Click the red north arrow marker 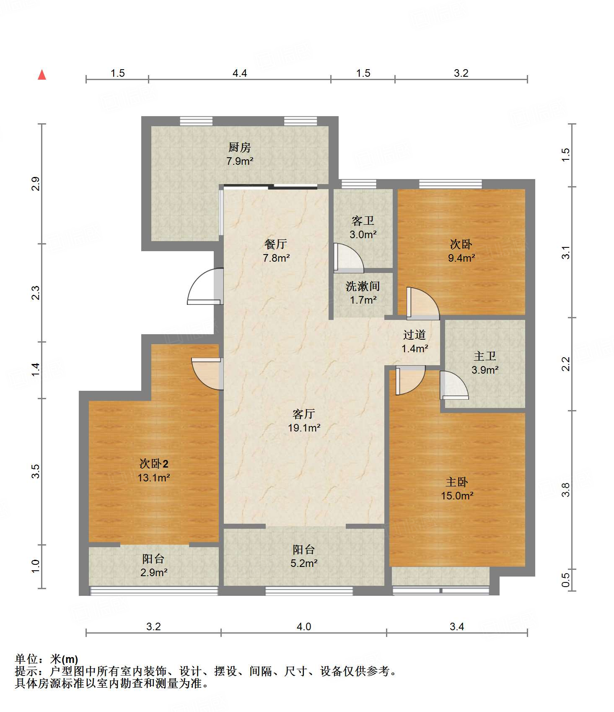(x=42, y=75)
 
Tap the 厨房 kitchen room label (x=240, y=147)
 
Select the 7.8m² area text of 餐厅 (x=276, y=258)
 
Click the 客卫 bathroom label (x=363, y=221)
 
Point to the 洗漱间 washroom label (x=363, y=286)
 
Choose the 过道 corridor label (x=415, y=335)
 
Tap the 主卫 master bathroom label (x=485, y=356)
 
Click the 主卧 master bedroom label (x=457, y=482)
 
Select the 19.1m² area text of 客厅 (x=304, y=428)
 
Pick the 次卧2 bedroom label (x=154, y=463)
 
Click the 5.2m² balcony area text (x=304, y=563)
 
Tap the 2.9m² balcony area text (x=154, y=572)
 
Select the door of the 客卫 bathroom (x=348, y=257)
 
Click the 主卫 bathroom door (x=454, y=385)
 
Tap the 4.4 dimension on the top (x=240, y=73)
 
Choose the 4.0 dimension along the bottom (x=304, y=626)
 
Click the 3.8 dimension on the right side (x=566, y=490)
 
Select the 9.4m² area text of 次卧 (x=461, y=258)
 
